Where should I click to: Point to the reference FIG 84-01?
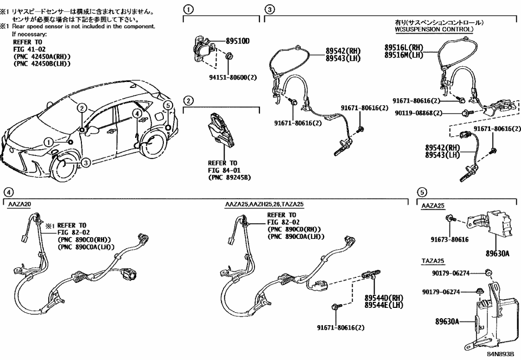click(x=223, y=170)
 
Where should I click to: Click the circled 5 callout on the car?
click(x=168, y=105)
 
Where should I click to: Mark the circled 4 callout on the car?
click(x=136, y=113)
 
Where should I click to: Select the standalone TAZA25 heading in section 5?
click(x=431, y=260)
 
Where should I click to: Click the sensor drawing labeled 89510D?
click(x=203, y=49)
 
